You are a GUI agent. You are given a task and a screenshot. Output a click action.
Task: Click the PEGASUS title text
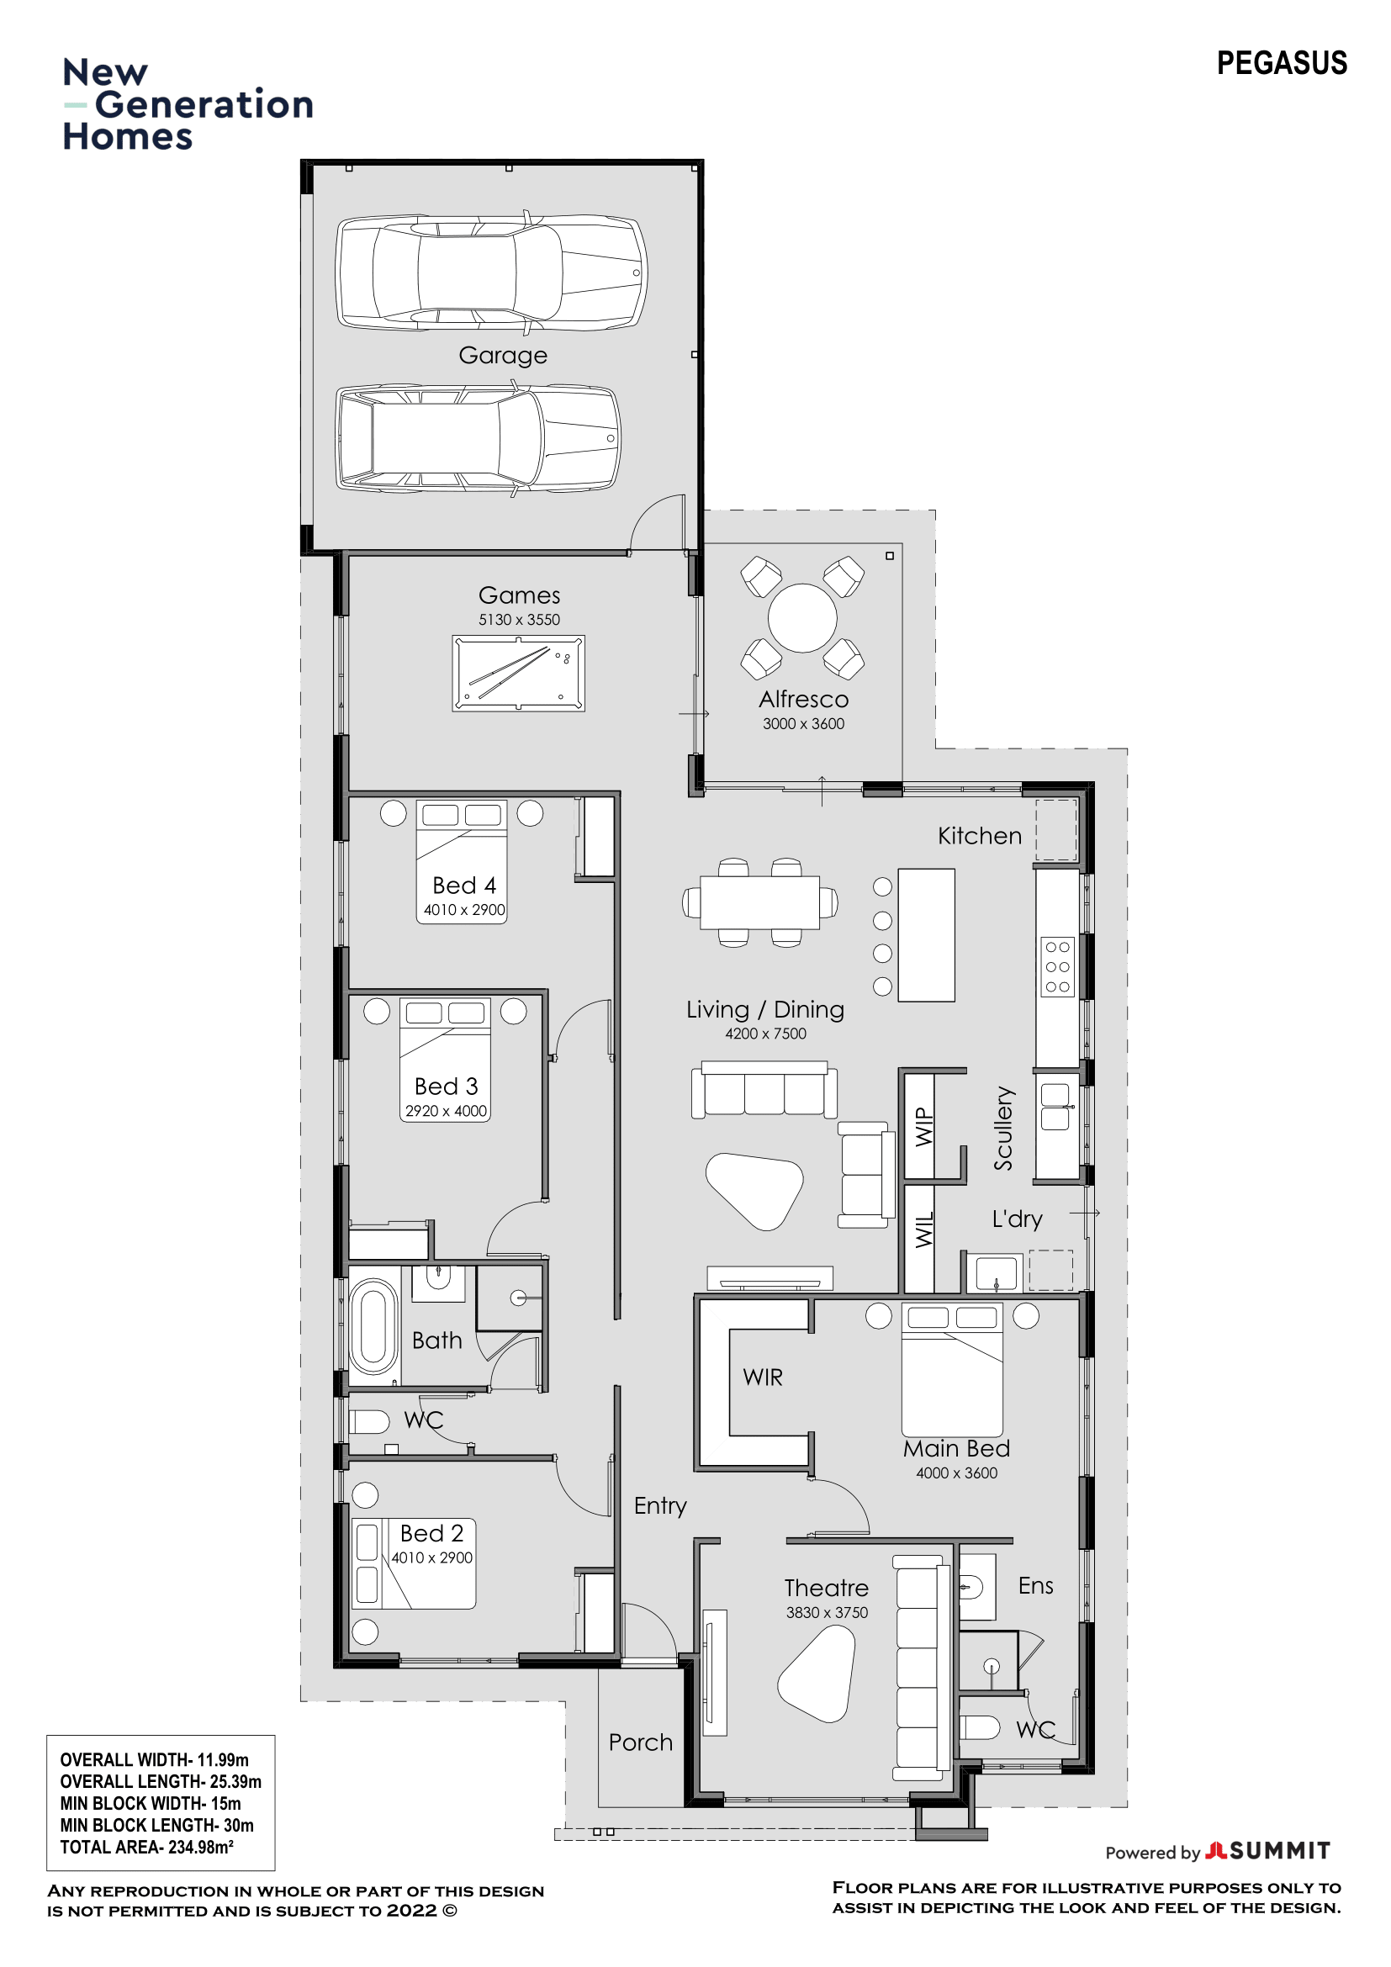point(1282,63)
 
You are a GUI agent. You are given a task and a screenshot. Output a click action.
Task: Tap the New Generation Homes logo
point(188,104)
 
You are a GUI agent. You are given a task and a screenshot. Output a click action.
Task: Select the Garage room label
point(503,355)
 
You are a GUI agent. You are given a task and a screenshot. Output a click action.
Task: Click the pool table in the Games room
point(518,673)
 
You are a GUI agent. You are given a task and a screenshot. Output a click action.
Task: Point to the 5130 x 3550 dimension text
point(519,620)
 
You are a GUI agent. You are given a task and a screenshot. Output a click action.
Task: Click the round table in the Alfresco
point(802,618)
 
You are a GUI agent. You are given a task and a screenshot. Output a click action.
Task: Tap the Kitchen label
point(980,835)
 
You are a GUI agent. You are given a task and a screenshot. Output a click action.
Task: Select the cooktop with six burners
point(1058,966)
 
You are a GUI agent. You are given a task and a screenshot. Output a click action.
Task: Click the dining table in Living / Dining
point(759,902)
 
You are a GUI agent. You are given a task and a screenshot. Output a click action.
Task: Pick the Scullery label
point(1003,1129)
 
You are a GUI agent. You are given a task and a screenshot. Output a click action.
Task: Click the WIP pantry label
point(923,1127)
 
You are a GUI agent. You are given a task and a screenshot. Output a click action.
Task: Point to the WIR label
point(762,1377)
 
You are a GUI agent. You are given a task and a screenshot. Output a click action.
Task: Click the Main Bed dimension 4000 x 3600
point(957,1473)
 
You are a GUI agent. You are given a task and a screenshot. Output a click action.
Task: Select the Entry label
point(660,1505)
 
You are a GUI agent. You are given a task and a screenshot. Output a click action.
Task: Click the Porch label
point(641,1742)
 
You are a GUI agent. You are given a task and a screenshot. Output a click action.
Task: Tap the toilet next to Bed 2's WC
point(370,1422)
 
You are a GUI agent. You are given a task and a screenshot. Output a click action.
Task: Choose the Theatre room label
point(827,1588)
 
